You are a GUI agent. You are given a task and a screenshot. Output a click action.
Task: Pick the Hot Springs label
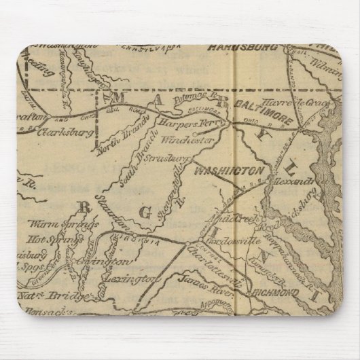(x=50, y=239)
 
